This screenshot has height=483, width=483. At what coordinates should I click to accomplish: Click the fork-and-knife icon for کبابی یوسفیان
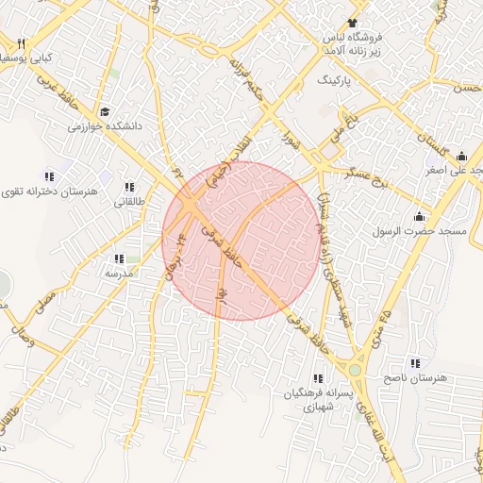click(21, 43)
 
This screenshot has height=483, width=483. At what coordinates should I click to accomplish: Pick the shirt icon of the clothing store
click(353, 22)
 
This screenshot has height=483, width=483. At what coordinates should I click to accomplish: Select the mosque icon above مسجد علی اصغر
click(461, 157)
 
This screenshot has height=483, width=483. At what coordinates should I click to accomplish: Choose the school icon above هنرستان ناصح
click(415, 363)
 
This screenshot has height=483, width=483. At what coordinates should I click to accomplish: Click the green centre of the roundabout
click(356, 371)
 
